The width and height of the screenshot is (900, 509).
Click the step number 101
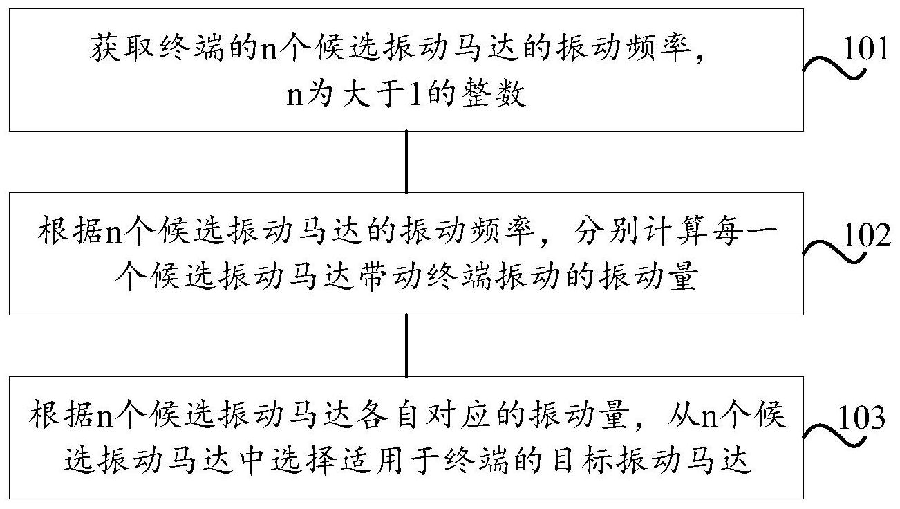coord(865,49)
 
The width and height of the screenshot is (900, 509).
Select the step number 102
coord(866,235)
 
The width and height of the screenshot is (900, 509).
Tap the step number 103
coord(862,418)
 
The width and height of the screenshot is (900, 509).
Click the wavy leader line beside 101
coord(834,70)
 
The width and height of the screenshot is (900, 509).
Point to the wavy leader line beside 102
coord(834,252)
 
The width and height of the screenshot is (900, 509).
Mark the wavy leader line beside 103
coord(834,436)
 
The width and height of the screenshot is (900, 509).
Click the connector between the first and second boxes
coord(406,162)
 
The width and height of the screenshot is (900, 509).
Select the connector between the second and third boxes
coord(406,346)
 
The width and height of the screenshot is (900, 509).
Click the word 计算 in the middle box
coord(675,232)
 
